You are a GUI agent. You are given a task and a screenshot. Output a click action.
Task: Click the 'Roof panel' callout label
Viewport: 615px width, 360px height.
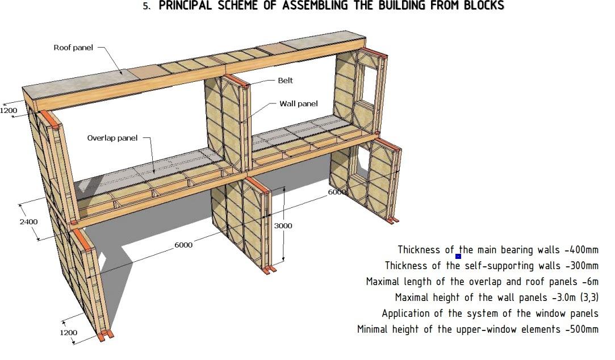[73, 48]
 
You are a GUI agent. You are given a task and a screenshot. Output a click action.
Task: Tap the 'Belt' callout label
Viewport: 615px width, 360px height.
[285, 81]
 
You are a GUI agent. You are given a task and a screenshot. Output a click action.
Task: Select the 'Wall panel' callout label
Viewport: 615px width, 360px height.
[298, 104]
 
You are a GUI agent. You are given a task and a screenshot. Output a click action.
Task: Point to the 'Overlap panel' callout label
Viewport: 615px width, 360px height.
[112, 138]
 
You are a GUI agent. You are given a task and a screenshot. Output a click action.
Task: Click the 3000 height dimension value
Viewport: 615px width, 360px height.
[283, 226]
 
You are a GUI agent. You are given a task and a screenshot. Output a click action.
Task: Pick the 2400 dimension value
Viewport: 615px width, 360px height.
[28, 221]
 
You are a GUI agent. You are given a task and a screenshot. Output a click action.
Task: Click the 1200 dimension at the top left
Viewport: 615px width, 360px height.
[9, 110]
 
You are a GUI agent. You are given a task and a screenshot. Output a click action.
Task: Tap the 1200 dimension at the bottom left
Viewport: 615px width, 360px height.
[69, 332]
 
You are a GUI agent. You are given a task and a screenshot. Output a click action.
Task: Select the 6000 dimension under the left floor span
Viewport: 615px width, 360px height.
[183, 245]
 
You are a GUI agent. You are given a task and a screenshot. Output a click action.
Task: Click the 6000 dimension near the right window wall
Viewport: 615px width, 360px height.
[336, 192]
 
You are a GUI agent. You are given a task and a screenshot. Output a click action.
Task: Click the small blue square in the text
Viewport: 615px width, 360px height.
[458, 256]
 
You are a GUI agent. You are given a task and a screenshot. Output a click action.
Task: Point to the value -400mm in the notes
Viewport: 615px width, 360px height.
[581, 250]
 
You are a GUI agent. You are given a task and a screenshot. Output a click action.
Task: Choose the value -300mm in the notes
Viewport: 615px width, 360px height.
[581, 266]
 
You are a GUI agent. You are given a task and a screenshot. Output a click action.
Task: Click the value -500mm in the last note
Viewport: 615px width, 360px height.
[581, 329]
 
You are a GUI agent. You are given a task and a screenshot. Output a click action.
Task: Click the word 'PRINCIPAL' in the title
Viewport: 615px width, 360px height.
[187, 6]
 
